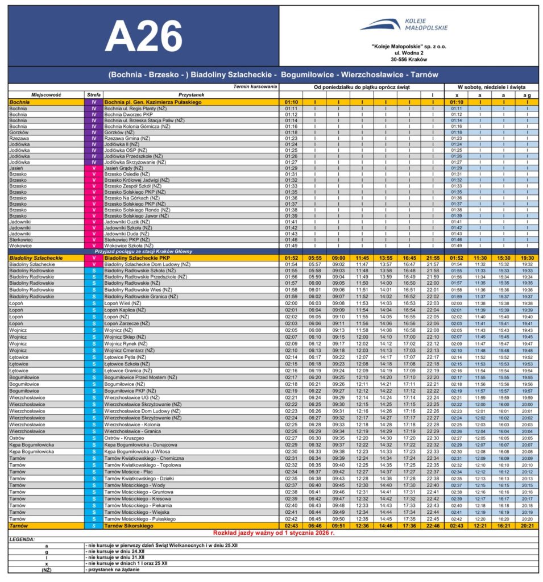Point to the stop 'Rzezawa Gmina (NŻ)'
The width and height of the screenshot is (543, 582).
[127, 138]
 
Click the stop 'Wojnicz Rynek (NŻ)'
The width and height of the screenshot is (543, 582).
[127, 343]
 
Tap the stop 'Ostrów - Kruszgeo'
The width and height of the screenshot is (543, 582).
[125, 438]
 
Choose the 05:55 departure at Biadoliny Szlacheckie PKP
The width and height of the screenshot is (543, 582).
[314, 257]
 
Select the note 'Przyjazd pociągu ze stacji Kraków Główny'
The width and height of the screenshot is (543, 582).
[147, 251]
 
